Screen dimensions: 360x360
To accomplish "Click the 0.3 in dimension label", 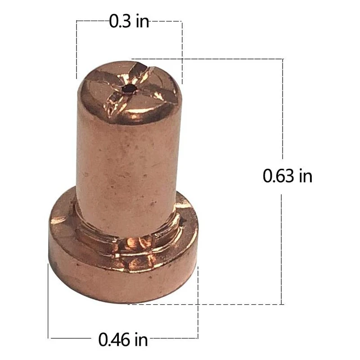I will (x=129, y=22).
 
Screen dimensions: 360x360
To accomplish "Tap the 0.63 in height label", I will (x=287, y=176).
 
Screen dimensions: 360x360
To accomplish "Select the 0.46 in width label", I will (x=122, y=338).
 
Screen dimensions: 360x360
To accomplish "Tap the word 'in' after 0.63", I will (x=305, y=176).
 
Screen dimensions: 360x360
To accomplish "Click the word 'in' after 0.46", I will (x=140, y=338).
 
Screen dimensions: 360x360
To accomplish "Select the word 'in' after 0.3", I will (x=142, y=22).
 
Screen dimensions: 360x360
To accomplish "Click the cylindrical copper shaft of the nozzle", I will (x=128, y=171).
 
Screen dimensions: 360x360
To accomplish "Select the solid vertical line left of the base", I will (x=48, y=301).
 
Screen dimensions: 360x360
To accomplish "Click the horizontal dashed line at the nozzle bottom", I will (x=207, y=304).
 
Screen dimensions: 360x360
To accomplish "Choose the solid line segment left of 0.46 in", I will (x=72, y=337).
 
